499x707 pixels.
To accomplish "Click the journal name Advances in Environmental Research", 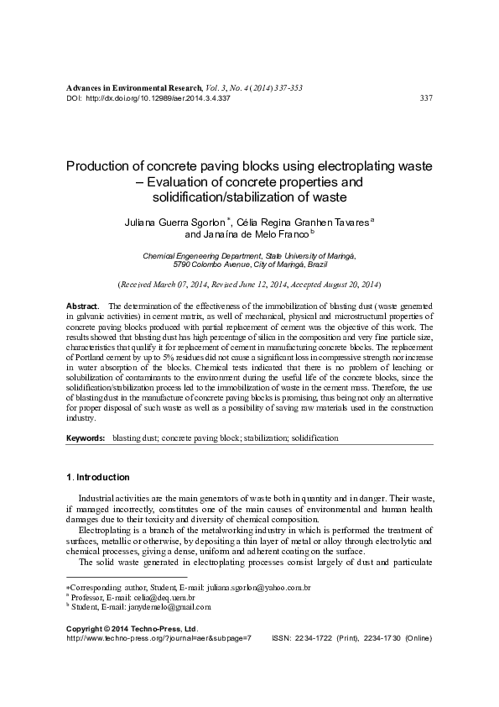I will [x=133, y=87].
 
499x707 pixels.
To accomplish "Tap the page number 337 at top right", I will [x=424, y=98].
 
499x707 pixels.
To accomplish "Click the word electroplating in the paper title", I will [x=354, y=166].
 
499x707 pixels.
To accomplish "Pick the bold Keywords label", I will [x=86, y=439].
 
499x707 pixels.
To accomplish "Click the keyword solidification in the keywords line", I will [x=314, y=439].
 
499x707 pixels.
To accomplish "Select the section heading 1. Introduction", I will [x=97, y=477].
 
